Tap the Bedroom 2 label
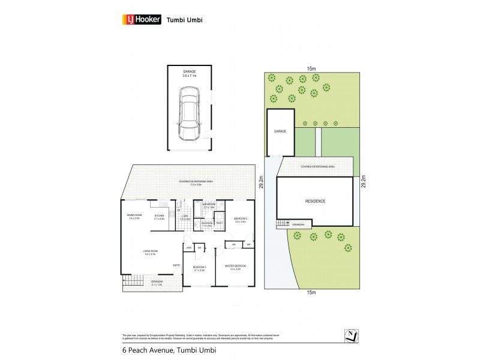tap(240, 219)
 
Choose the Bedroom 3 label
tap(199, 268)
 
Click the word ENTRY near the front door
tap(176, 265)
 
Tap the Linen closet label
tap(188, 247)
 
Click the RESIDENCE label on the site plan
tap(314, 201)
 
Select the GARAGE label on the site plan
tap(280, 131)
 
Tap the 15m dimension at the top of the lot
tap(310, 68)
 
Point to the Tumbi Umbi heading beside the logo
tap(182, 19)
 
